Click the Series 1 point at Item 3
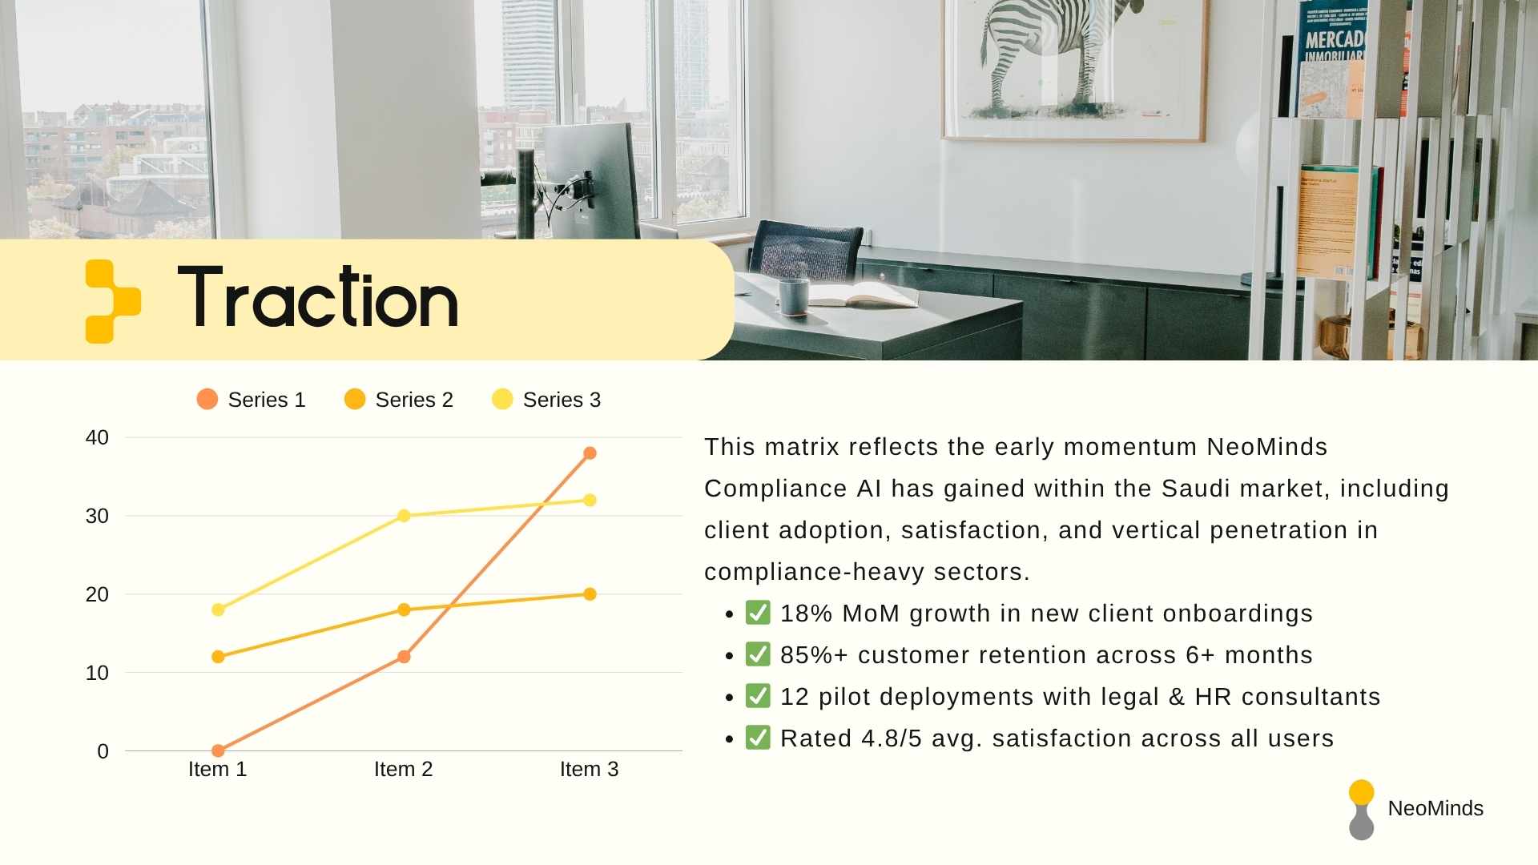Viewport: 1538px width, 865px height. tap(590, 453)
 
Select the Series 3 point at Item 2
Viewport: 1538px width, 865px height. tap(404, 516)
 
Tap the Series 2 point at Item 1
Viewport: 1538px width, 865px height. tap(218, 657)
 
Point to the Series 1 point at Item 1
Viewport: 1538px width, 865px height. tap(218, 750)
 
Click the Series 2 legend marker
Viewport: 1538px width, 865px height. tap(355, 399)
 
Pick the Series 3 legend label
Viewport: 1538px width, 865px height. tap(562, 400)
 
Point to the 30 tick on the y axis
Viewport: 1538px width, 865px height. tap(97, 516)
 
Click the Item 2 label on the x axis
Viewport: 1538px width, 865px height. tap(403, 769)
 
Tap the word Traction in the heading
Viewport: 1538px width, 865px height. tap(317, 298)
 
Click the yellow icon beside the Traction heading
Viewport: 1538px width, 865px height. tap(112, 301)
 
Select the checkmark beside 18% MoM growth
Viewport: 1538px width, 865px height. tap(758, 613)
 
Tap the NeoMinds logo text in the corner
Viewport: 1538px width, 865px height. tap(1435, 808)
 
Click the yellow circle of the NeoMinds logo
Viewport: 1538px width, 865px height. tap(1362, 793)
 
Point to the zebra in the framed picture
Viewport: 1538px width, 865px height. tap(1057, 56)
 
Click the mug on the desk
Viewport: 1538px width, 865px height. tap(794, 296)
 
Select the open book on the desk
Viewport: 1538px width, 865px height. tap(861, 295)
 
